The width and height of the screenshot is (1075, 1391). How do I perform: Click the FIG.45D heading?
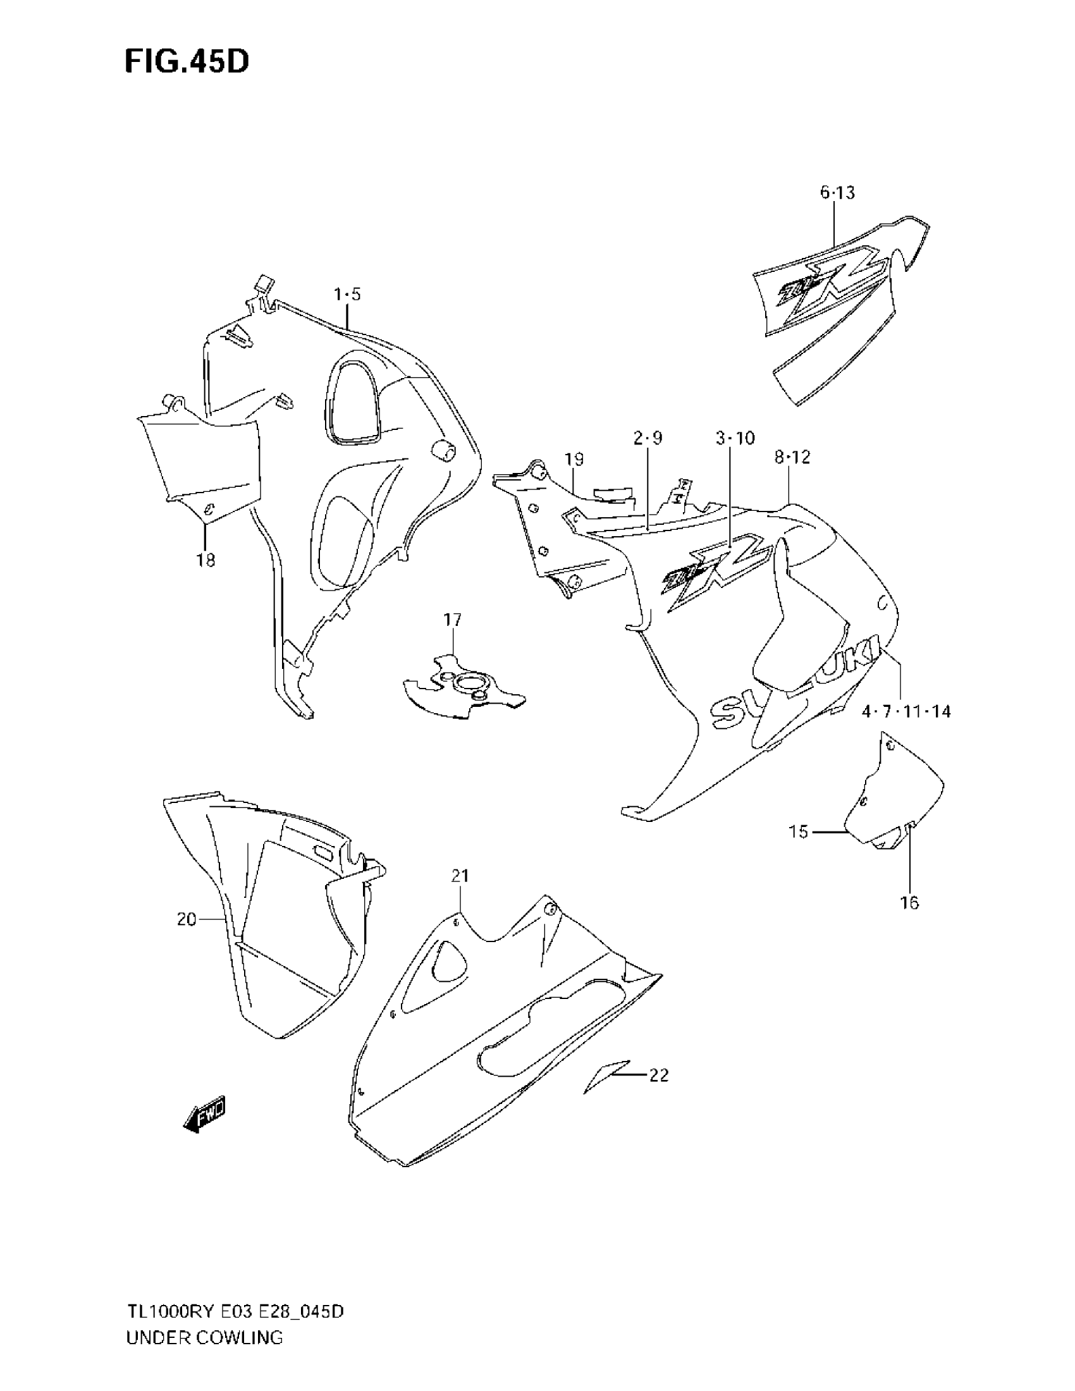coord(187,62)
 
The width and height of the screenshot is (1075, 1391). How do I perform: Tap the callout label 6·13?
coord(837,193)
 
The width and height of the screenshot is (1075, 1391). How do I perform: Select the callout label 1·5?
coord(347,294)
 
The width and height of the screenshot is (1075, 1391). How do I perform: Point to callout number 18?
coord(206,560)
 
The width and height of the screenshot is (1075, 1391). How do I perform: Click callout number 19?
coord(574,459)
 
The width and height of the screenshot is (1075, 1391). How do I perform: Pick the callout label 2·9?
coord(648,438)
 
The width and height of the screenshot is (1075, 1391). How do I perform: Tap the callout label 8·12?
coord(792,457)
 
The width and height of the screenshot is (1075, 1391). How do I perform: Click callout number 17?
coord(453,619)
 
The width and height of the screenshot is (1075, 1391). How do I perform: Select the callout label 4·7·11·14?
coord(906,711)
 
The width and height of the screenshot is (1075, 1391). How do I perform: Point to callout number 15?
coord(798,831)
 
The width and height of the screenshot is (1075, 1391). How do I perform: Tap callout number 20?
coord(187,919)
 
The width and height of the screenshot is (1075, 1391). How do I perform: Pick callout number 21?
coord(460,876)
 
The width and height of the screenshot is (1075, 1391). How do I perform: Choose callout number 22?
coord(659,1075)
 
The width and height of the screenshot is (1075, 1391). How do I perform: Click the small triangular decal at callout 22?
coord(605,1076)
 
